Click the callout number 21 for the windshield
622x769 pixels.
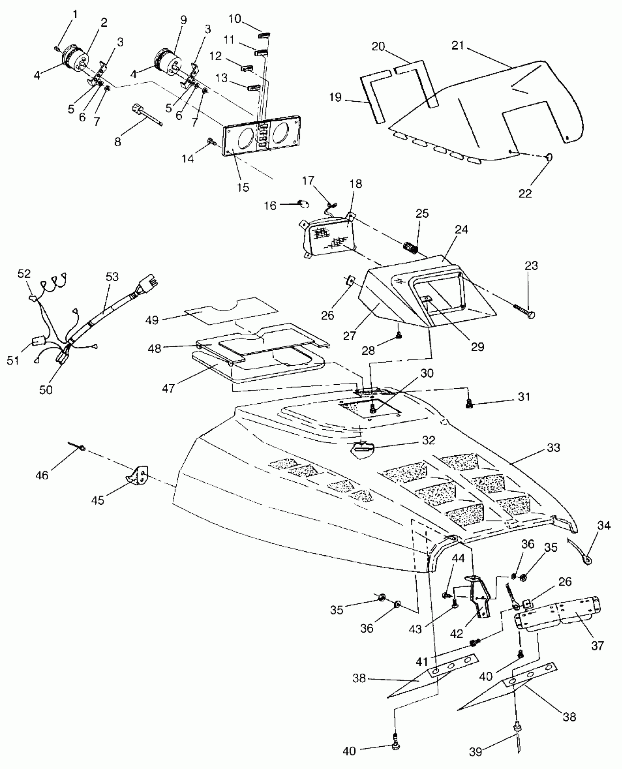coord(457,45)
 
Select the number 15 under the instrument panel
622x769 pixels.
coord(243,187)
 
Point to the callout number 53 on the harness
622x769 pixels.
coord(112,277)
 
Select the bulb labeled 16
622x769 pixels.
coord(304,204)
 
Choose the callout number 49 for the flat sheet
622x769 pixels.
coord(152,320)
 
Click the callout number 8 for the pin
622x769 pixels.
coord(117,142)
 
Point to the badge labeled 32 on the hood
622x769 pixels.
coord(361,447)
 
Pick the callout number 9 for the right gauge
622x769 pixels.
coord(183,20)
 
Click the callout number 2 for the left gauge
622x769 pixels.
coord(104,23)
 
